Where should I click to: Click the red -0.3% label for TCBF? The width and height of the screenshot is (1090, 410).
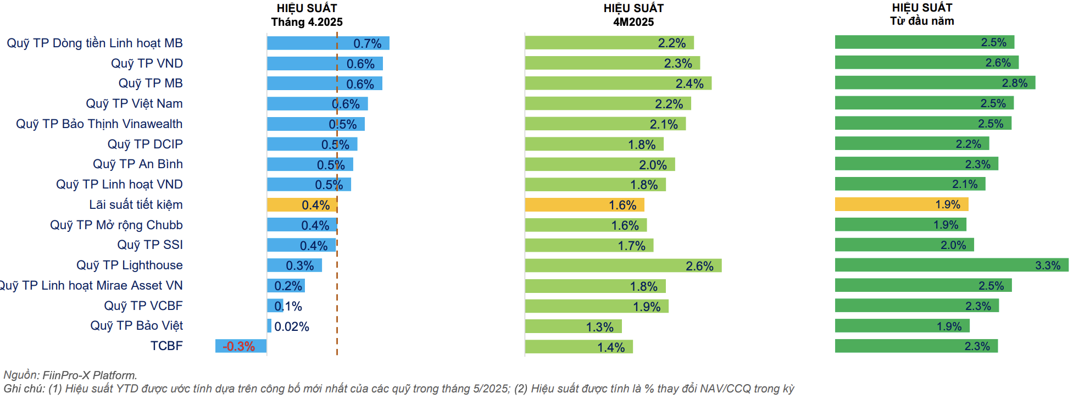[238, 346]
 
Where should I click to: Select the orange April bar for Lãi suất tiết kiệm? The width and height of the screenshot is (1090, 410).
[302, 205]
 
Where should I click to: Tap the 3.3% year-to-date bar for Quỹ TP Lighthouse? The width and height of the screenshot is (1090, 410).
[951, 265]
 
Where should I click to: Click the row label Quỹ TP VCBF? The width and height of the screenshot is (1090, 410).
[143, 306]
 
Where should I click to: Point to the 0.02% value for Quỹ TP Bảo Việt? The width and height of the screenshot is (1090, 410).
[292, 326]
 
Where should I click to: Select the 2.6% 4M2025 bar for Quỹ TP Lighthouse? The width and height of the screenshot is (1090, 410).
[623, 266]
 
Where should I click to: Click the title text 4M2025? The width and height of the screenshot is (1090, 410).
[633, 22]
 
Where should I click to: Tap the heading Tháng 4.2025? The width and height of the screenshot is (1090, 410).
[307, 22]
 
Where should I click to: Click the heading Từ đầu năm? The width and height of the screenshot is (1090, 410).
[922, 21]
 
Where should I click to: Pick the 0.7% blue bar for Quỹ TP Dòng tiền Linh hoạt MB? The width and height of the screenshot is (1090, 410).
[328, 43]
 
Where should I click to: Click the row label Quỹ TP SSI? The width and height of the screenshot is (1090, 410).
[150, 245]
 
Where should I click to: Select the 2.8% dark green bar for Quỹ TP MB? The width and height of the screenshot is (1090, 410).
[935, 83]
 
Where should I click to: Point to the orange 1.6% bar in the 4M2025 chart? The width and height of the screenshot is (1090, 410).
[584, 205]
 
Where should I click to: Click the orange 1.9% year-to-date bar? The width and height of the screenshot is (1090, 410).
[901, 204]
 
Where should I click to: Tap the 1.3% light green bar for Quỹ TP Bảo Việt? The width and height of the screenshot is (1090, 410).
[573, 327]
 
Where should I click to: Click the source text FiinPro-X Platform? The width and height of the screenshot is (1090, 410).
[90, 375]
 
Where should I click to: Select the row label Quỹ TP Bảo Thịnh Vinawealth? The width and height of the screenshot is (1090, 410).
[99, 124]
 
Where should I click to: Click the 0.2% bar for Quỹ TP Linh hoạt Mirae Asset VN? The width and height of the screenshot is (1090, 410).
[286, 286]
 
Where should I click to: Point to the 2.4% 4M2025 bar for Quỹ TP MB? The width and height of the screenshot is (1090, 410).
[618, 84]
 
